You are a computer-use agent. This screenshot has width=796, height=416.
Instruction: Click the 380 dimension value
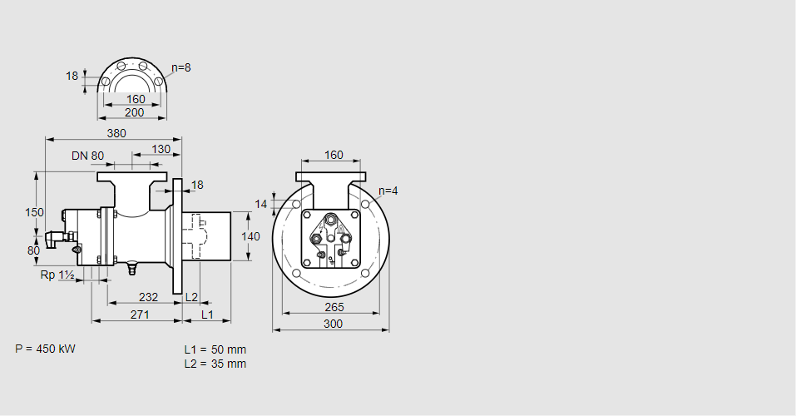point(116,133)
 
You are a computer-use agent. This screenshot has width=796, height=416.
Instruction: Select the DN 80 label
point(87,156)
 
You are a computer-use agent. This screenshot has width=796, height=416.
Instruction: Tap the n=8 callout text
point(180,67)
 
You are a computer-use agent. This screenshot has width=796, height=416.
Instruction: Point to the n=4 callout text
point(388,191)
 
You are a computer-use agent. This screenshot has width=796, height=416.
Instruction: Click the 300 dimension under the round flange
point(333,324)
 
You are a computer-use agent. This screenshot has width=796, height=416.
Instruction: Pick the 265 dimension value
point(334,307)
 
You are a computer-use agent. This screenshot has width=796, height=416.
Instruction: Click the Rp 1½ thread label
point(57,275)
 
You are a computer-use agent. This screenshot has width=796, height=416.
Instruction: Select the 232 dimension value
point(148,297)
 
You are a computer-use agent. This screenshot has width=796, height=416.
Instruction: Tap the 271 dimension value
point(140,314)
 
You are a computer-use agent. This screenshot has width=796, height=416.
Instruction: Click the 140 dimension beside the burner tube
point(250,236)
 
